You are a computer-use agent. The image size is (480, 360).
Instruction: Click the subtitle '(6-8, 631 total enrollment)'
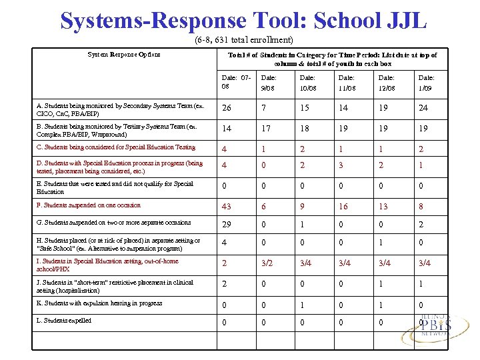point(243,40)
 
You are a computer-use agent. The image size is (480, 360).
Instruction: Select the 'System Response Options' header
point(125,55)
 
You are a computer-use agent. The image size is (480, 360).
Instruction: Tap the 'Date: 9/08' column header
point(269,83)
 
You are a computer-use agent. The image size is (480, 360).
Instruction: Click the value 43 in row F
point(228,207)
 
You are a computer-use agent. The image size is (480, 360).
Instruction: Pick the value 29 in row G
point(228,225)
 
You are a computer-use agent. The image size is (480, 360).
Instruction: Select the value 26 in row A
point(228,108)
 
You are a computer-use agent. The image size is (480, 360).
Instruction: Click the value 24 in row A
point(423,108)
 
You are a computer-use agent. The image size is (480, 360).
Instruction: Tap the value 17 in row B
point(267,128)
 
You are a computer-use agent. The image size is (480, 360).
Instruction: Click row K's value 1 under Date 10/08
point(303,305)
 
